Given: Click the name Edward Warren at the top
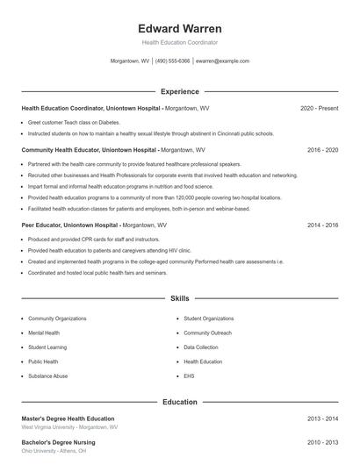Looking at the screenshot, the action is point(180,28).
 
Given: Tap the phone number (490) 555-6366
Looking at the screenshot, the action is point(173,61).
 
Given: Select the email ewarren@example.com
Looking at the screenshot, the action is point(223,61).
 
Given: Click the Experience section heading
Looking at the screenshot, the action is point(180,91).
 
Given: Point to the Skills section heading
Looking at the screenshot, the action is point(180,299).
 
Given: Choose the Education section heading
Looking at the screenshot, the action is point(180,402).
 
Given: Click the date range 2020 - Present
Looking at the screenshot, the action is point(319,108).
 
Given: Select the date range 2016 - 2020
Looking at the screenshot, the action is point(322,150).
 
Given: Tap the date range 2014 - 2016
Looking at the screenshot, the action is point(322,225).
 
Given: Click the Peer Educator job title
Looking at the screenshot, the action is point(43,225).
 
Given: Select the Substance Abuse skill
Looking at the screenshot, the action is point(47,376).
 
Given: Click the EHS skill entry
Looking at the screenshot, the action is point(189,376).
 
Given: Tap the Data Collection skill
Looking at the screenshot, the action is point(201,347).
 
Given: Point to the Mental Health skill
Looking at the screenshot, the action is point(44,333).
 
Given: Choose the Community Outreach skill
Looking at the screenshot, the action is point(207,333).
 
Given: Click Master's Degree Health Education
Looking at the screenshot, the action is point(68,418).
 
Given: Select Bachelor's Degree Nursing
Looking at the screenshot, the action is point(58,442).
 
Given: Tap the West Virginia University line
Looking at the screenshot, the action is point(69,427).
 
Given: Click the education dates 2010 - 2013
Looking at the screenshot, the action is point(322,442).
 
